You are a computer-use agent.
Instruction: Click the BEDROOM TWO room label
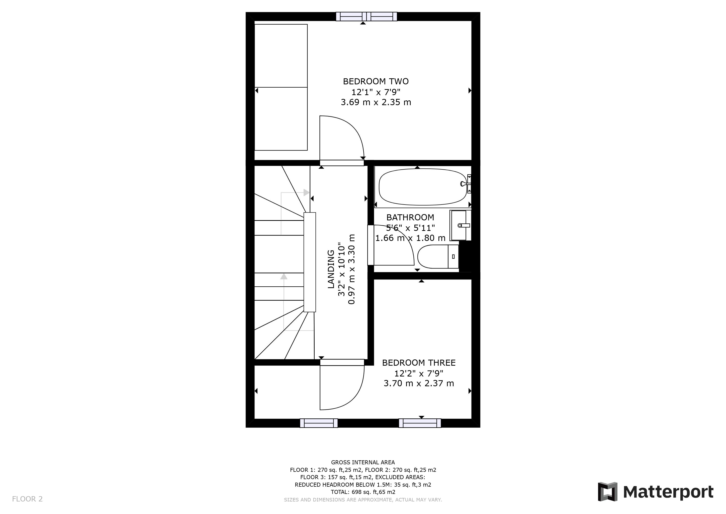pyautogui.click(x=376, y=81)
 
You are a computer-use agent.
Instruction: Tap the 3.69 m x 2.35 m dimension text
pyautogui.click(x=376, y=102)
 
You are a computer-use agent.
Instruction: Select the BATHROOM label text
pyautogui.click(x=410, y=217)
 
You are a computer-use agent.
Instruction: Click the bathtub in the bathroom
pyautogui.click(x=422, y=187)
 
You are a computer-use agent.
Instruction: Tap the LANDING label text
pyautogui.click(x=331, y=269)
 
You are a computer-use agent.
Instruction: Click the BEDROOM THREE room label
pyautogui.click(x=419, y=363)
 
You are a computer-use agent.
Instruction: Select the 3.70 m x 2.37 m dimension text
pyautogui.click(x=419, y=383)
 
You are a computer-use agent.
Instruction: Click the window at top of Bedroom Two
pyautogui.click(x=366, y=17)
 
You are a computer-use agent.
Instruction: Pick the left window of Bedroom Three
pyautogui.click(x=319, y=423)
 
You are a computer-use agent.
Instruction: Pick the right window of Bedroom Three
pyautogui.click(x=420, y=423)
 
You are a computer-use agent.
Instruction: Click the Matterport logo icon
pyautogui.click(x=607, y=492)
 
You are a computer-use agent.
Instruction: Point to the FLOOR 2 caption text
pyautogui.click(x=27, y=499)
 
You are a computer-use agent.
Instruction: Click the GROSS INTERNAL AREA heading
pyautogui.click(x=363, y=462)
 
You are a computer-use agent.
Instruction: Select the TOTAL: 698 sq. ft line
pyautogui.click(x=363, y=492)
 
